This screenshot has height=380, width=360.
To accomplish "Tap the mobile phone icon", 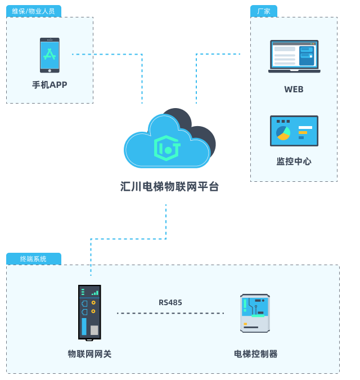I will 49,55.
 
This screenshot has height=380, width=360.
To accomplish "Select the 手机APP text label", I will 49,84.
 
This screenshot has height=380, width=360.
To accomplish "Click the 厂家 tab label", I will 263,11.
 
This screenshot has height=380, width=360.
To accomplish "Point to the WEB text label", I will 294,89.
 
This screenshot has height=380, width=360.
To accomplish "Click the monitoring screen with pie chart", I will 294,131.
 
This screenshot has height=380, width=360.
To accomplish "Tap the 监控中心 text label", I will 294,161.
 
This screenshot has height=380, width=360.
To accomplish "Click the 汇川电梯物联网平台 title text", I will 169,186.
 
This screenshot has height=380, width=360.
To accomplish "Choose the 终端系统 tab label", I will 34,259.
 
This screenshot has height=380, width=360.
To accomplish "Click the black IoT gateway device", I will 89,312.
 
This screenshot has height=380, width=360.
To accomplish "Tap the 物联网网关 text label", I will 89,354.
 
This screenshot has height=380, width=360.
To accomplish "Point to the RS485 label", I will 170,303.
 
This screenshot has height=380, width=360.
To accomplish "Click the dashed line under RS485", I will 170,313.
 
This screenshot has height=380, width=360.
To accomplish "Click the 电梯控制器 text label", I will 255,354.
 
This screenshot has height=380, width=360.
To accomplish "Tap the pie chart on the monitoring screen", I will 283,133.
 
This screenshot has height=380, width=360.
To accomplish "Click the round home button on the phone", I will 49,70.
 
